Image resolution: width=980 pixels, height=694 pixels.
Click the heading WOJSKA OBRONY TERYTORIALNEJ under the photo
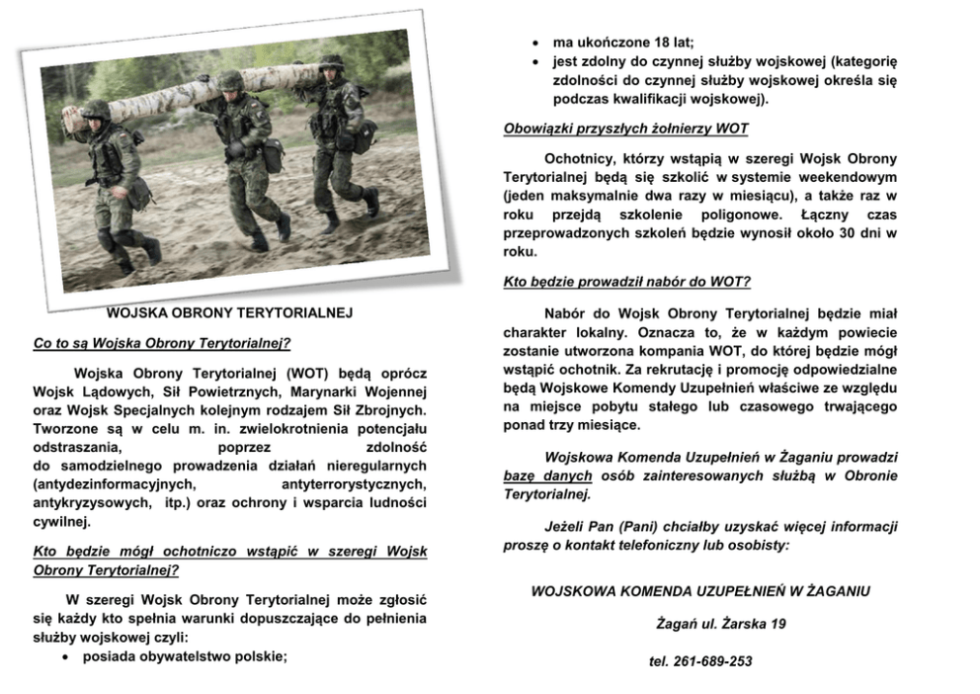pyautogui.click(x=229, y=313)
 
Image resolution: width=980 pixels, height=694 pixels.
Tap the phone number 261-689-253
pyautogui.click(x=700, y=661)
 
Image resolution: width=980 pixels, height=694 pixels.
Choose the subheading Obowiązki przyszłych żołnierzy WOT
pyautogui.click(x=625, y=129)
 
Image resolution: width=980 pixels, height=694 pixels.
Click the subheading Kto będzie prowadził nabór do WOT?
pyautogui.click(x=626, y=282)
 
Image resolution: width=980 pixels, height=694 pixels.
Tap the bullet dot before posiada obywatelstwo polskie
pyautogui.click(x=66, y=655)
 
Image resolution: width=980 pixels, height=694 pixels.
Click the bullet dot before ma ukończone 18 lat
pyautogui.click(x=534, y=43)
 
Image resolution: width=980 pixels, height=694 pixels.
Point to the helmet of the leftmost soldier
pyautogui.click(x=96, y=110)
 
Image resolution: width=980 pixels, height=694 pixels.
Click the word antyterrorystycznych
pyautogui.click(x=354, y=484)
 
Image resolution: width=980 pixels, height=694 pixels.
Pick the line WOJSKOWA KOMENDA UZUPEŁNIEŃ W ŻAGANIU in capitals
pyautogui.click(x=700, y=591)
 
